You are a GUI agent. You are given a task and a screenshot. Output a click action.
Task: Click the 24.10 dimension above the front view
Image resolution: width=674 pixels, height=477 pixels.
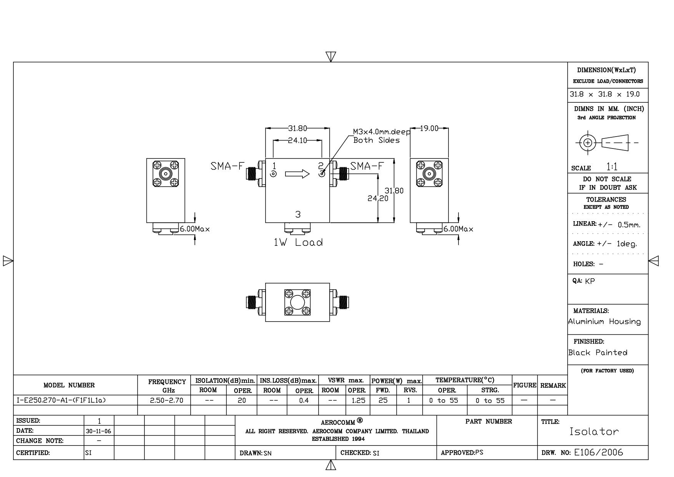(x=297, y=140)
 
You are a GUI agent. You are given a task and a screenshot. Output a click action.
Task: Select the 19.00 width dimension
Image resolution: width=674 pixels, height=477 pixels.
(x=429, y=128)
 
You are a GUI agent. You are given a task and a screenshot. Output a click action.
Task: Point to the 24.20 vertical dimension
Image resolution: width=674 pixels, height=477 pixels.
(x=378, y=198)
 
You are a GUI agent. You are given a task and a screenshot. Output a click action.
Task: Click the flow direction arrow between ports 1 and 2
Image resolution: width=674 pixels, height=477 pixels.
(x=297, y=174)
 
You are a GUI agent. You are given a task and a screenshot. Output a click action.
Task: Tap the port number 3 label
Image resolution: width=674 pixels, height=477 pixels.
(x=298, y=215)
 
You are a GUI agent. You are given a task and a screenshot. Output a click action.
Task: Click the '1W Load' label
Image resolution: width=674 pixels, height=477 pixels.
(x=298, y=242)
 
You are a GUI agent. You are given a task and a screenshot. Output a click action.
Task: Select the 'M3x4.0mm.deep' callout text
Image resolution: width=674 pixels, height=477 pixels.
(x=382, y=132)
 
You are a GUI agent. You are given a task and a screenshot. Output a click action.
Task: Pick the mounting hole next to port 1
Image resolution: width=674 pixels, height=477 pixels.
(x=273, y=174)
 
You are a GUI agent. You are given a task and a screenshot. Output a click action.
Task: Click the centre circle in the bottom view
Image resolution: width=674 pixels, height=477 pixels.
(x=297, y=302)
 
